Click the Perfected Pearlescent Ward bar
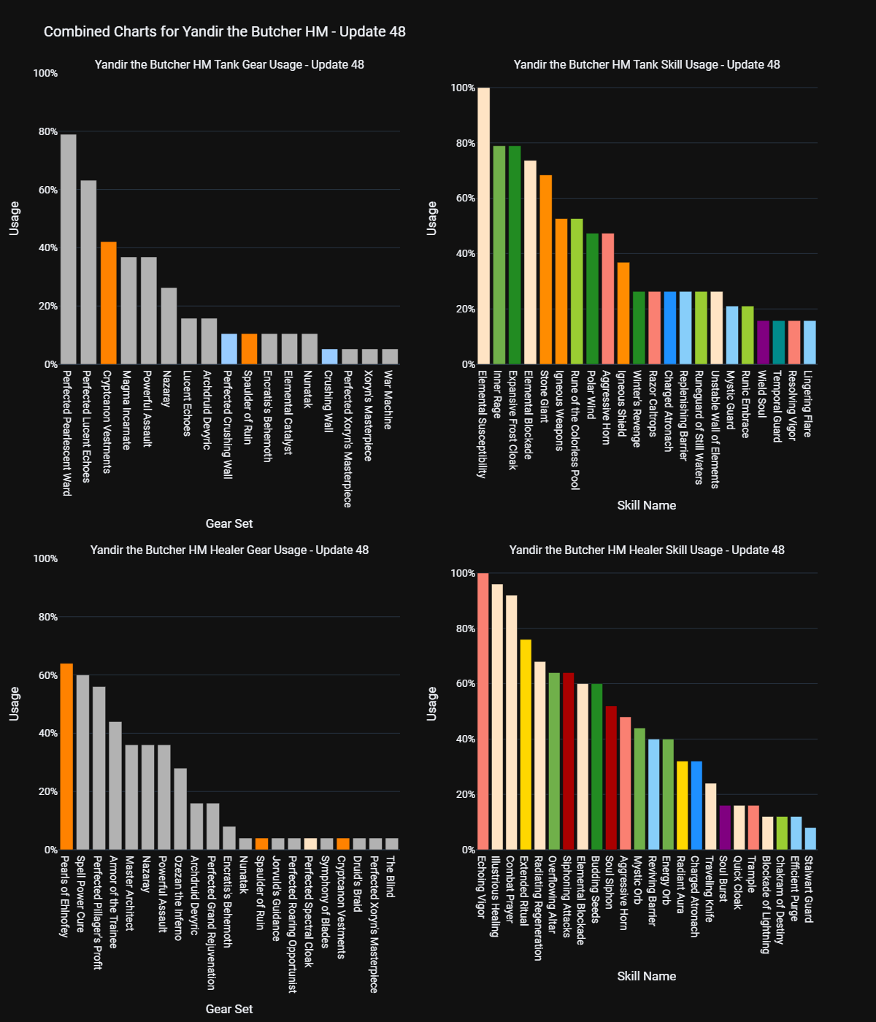point(68,249)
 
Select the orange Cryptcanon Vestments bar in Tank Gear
point(108,303)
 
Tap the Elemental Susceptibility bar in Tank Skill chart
point(483,226)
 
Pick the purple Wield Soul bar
point(763,342)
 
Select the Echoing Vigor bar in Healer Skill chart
point(483,711)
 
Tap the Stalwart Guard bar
point(810,839)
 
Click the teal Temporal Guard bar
point(779,342)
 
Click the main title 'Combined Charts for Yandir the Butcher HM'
point(224,31)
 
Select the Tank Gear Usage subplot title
point(229,64)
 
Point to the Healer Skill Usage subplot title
point(647,550)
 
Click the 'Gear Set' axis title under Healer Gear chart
point(229,1009)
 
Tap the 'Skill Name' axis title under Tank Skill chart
point(647,505)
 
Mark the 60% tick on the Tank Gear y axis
point(45,190)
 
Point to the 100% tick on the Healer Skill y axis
point(463,574)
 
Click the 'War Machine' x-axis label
point(388,400)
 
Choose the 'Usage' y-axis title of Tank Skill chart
point(432,218)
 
